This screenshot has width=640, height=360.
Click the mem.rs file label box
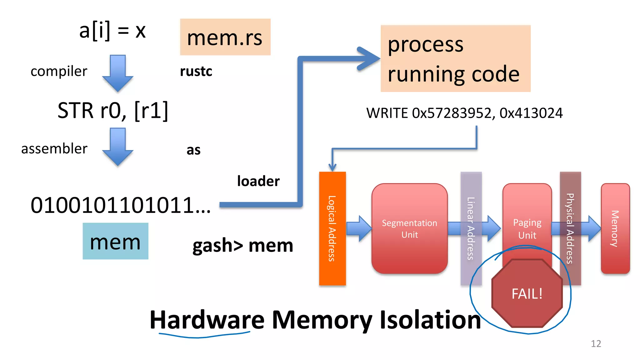pos(225,37)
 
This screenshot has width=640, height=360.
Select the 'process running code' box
pos(455,58)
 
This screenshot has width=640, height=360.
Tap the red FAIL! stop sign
pos(527,293)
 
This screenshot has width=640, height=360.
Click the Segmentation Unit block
pos(409,228)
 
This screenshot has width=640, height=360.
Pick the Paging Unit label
pos(527,229)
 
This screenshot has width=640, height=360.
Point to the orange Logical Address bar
pos(332,228)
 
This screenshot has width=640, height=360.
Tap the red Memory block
pos(615,228)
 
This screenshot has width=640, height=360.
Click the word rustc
pos(196,71)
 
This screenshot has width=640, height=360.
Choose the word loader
pos(258,181)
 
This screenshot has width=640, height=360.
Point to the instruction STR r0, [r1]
pos(113,110)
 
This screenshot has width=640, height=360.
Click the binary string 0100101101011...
pos(120,205)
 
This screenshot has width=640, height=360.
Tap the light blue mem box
pos(115,241)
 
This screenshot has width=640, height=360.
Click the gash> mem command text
pos(243,245)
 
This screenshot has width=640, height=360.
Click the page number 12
pos(596,343)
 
